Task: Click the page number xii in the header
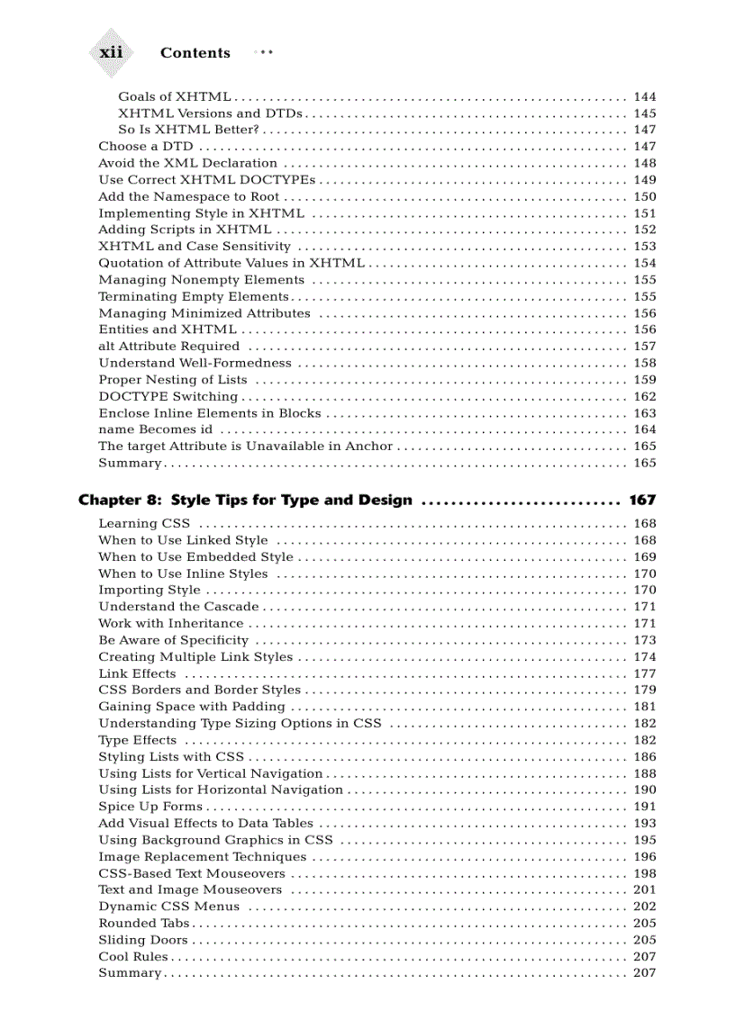pyautogui.click(x=111, y=52)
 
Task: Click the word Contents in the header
pyautogui.click(x=195, y=53)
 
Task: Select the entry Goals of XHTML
pyautogui.click(x=174, y=96)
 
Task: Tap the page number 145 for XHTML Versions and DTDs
pyautogui.click(x=645, y=113)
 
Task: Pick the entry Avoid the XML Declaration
pyautogui.click(x=187, y=163)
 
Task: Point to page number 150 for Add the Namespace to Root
pyautogui.click(x=645, y=196)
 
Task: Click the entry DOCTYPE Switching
pyautogui.click(x=168, y=396)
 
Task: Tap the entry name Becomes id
pyautogui.click(x=155, y=429)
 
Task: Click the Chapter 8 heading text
pyautogui.click(x=245, y=500)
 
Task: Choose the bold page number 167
pyautogui.click(x=642, y=500)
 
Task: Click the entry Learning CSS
pyautogui.click(x=143, y=523)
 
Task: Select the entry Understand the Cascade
pyautogui.click(x=178, y=607)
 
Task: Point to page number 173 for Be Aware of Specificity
pyautogui.click(x=645, y=640)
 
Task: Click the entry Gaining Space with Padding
pyautogui.click(x=192, y=707)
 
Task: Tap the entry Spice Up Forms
pyautogui.click(x=150, y=807)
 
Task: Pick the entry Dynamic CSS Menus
pyautogui.click(x=168, y=907)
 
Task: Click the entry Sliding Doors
pyautogui.click(x=143, y=940)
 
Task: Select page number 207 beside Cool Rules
pyautogui.click(x=645, y=956)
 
